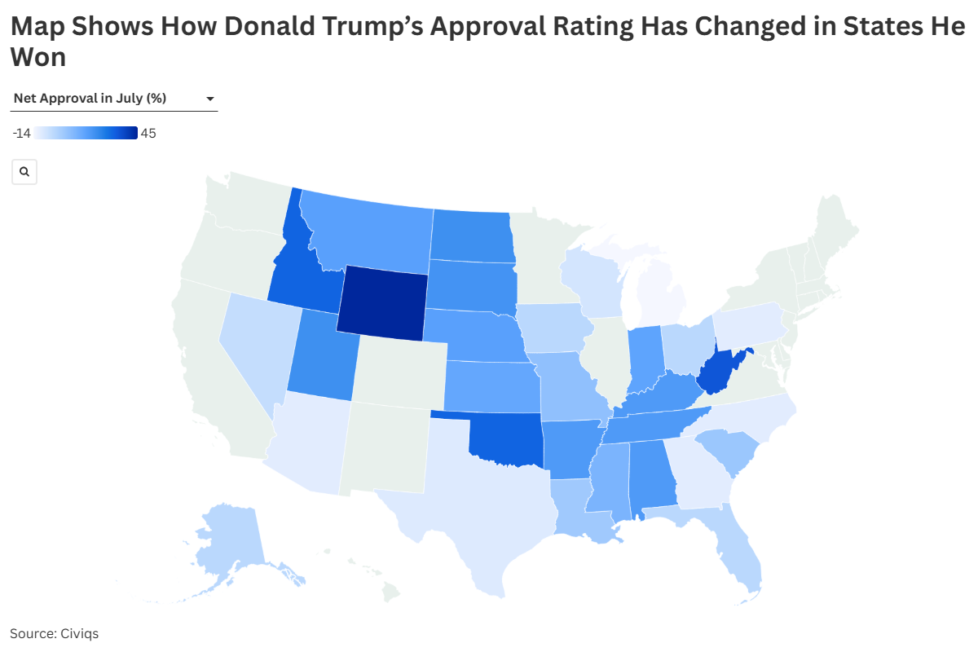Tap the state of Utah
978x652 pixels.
tap(321, 359)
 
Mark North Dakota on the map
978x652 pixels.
tap(471, 236)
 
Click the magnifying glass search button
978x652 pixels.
tap(24, 172)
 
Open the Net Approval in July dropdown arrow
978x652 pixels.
tap(210, 99)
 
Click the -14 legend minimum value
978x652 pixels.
tap(21, 134)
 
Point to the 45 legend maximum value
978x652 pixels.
tap(148, 134)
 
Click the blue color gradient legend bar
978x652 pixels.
tap(86, 134)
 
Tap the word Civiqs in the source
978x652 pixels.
tap(79, 632)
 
